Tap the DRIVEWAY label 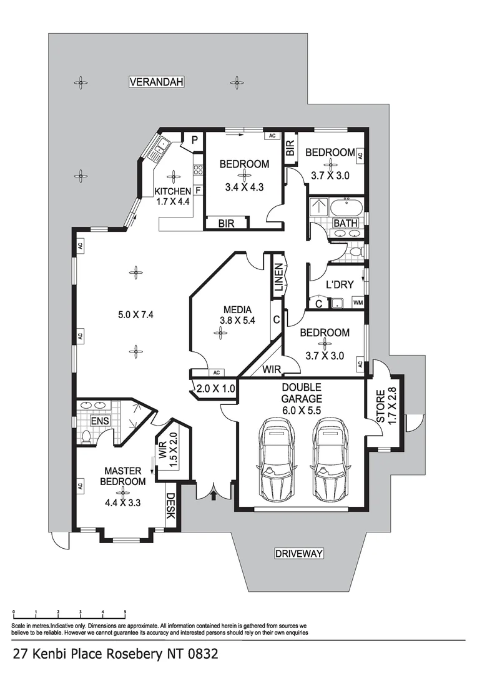point(299,553)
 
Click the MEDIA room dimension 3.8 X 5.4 point(238,321)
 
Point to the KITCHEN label point(173,191)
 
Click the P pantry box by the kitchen point(194,141)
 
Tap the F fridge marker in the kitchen point(198,189)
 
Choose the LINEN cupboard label point(279,279)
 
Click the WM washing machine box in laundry point(358,303)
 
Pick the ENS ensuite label point(100,421)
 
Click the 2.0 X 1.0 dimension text point(215,388)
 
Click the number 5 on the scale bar point(125,612)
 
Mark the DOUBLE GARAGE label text point(302,393)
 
